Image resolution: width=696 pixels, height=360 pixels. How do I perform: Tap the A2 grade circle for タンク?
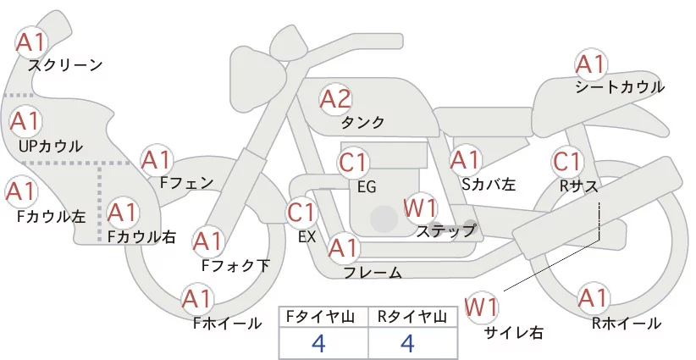pyautogui.click(x=335, y=99)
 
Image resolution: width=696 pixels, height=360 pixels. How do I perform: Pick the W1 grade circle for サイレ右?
pyautogui.click(x=483, y=306)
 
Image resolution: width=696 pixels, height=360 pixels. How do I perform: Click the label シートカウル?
pyautogui.click(x=619, y=87)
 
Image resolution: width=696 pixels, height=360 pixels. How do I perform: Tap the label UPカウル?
pyautogui.click(x=50, y=147)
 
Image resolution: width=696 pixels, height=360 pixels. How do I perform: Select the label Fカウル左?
pyautogui.click(x=51, y=216)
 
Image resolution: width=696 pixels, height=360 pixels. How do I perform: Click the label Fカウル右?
pyautogui.click(x=141, y=235)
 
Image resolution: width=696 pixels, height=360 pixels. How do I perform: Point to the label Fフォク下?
pyautogui.click(x=235, y=265)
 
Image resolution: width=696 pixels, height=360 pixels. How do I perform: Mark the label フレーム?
pyautogui.click(x=373, y=272)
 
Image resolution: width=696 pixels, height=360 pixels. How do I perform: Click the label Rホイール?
pyautogui.click(x=627, y=323)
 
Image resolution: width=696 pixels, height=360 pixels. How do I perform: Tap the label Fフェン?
pyautogui.click(x=186, y=181)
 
